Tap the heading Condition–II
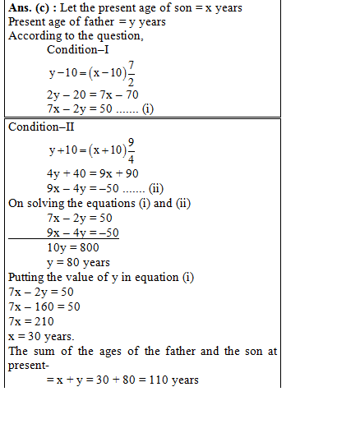(x=41, y=127)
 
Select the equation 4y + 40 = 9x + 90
(x=93, y=174)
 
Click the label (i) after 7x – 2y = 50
(x=147, y=108)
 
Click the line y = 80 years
(x=78, y=262)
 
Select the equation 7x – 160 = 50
(x=43, y=306)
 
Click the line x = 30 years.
(x=40, y=336)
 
